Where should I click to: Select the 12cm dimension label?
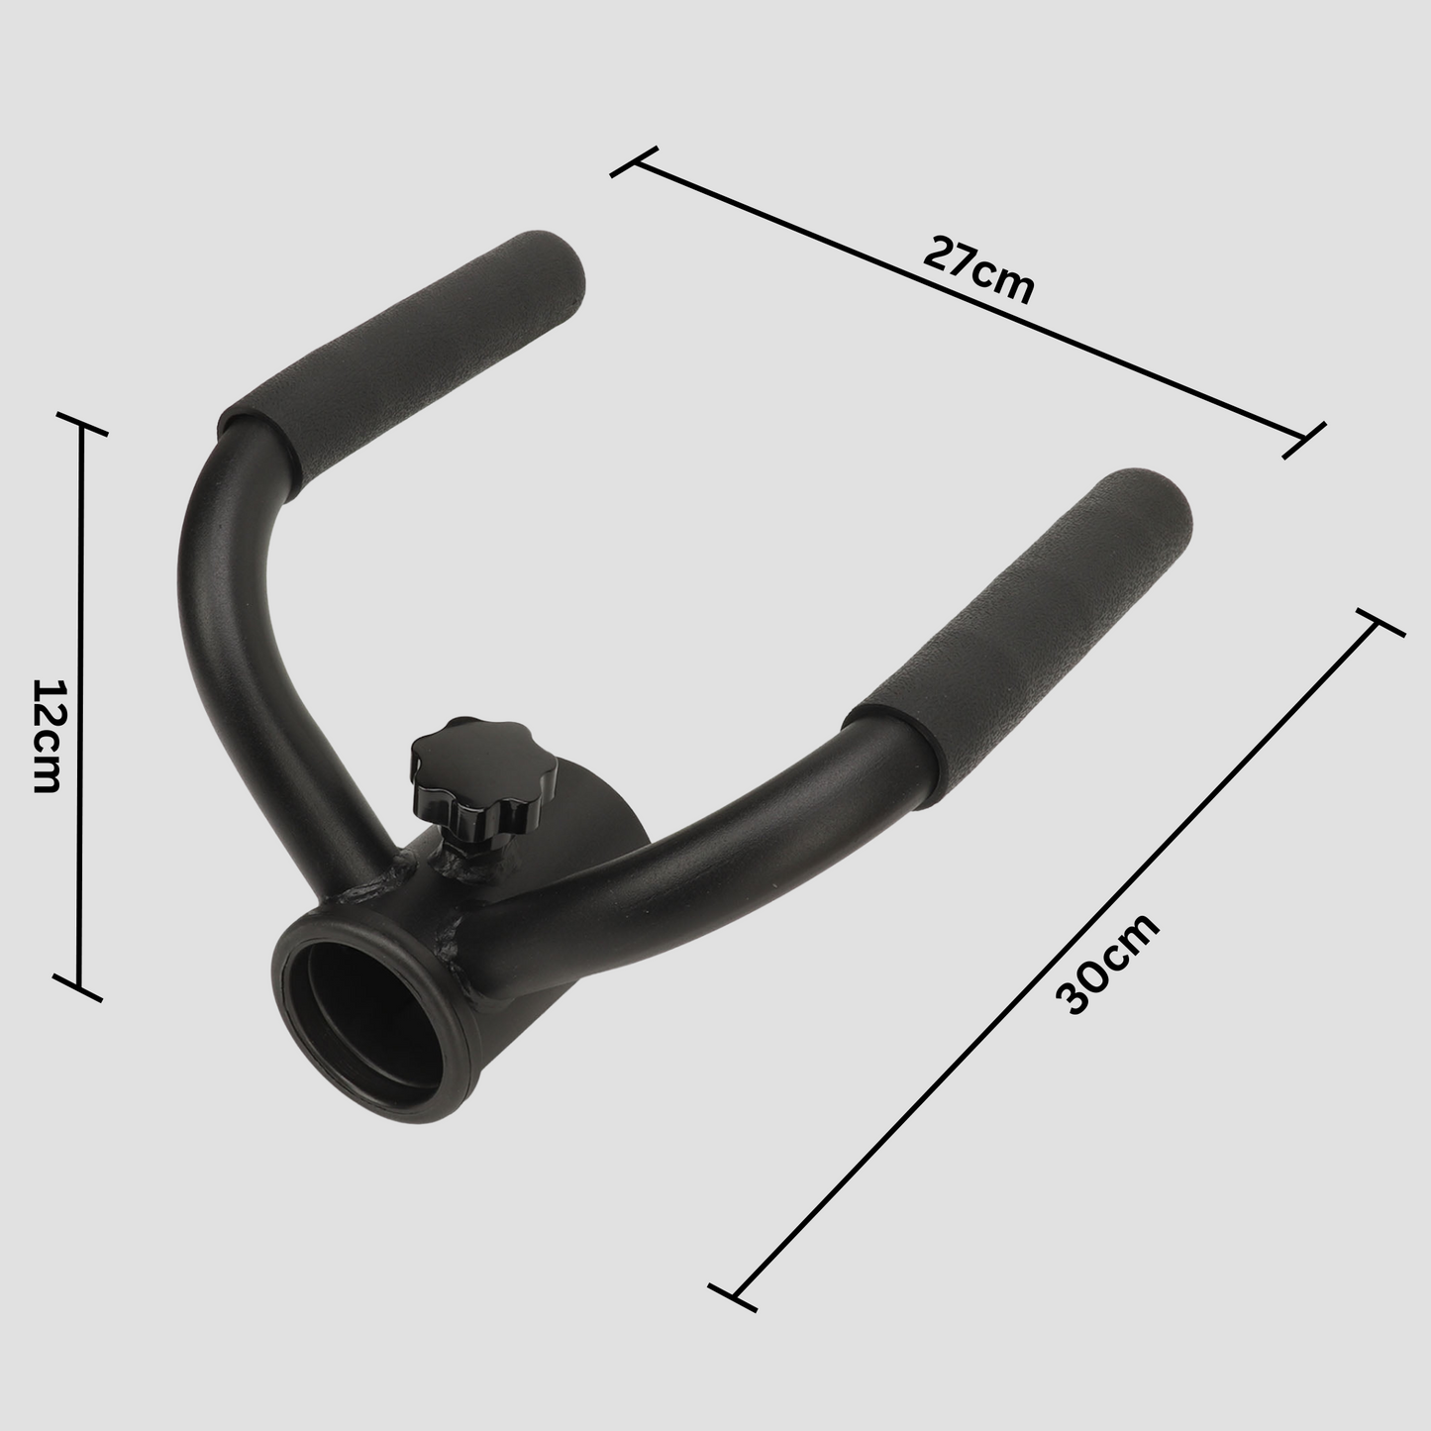coord(47,736)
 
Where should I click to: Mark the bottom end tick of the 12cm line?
coord(79,988)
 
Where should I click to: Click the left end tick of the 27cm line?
coord(634,162)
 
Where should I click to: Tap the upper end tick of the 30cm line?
coord(1378,623)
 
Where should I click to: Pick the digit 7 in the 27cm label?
coord(954,259)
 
